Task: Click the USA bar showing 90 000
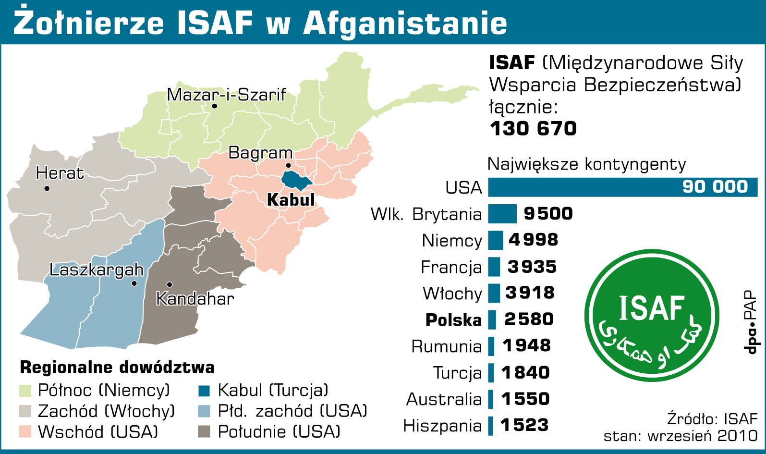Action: (x=622, y=187)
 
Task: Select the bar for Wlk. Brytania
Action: (x=502, y=214)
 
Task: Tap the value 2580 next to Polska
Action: (x=529, y=319)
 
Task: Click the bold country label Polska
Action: (x=453, y=320)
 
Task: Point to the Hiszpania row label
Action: (x=442, y=426)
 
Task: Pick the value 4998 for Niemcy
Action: (x=533, y=240)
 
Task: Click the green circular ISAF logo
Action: (x=652, y=315)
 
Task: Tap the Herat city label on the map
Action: (x=60, y=173)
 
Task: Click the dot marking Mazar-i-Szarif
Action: (x=214, y=106)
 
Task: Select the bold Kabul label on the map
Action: (x=291, y=200)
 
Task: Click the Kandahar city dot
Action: (x=170, y=284)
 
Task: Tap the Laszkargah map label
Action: (x=97, y=270)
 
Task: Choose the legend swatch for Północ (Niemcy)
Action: (x=25, y=391)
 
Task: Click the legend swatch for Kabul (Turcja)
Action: (x=204, y=391)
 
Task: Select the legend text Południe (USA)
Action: (x=279, y=432)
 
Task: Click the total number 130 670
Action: (x=533, y=129)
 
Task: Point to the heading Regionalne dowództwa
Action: (x=117, y=368)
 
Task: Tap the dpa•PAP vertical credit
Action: (x=750, y=322)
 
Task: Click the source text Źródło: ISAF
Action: (x=712, y=419)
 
